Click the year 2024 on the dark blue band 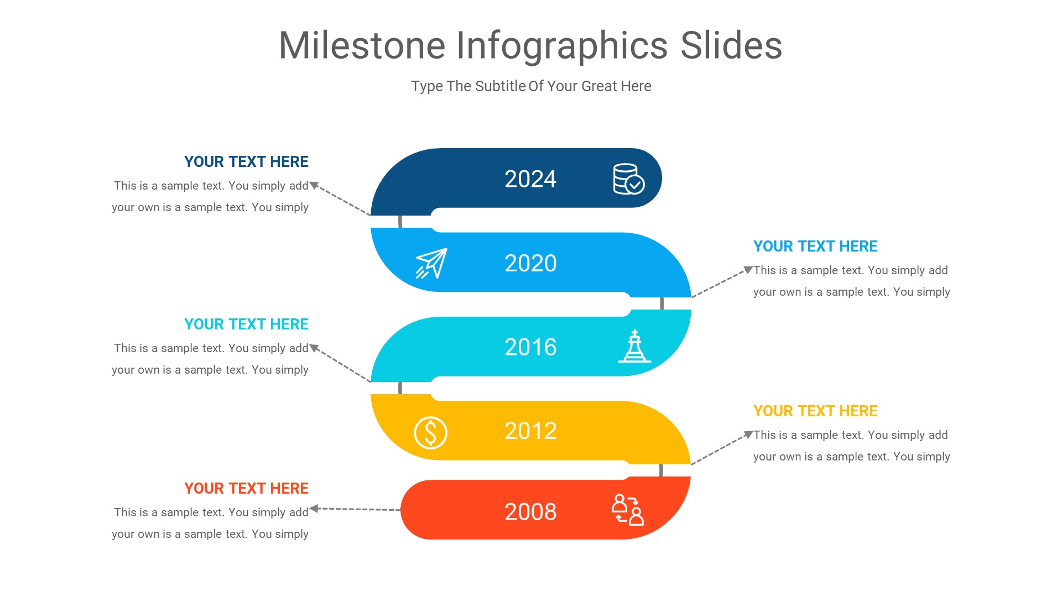(530, 179)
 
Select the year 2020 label (530, 263)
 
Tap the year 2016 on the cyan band (530, 347)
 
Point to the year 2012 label (530, 431)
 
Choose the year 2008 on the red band (530, 512)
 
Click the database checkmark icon (628, 179)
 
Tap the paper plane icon (431, 263)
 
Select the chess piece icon (634, 347)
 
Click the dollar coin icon (430, 432)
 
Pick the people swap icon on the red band (628, 510)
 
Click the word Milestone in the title (362, 45)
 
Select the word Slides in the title (731, 45)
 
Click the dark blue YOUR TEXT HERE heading (246, 162)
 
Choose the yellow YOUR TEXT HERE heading (815, 411)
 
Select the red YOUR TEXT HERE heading (246, 489)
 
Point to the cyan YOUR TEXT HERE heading (246, 324)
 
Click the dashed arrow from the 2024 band (340, 199)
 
